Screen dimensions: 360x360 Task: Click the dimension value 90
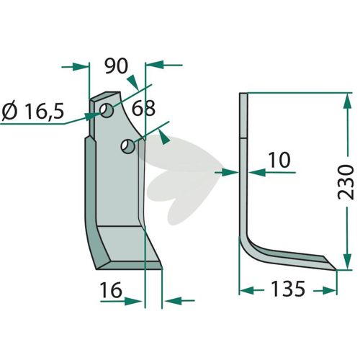click(117, 66)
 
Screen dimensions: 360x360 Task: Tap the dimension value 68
click(143, 108)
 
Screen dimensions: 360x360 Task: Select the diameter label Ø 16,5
click(33, 112)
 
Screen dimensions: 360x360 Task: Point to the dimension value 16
click(111, 290)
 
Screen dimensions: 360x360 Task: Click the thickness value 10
click(279, 160)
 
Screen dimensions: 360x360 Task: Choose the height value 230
click(346, 182)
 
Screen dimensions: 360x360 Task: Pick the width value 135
click(288, 289)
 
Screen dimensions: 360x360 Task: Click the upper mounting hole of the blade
click(107, 110)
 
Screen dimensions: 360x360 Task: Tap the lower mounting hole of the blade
click(128, 146)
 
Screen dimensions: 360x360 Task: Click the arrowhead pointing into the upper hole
click(93, 116)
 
